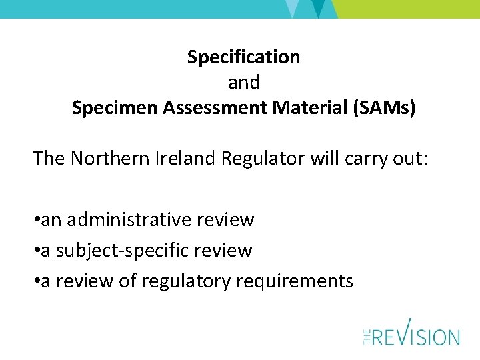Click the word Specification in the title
click(243, 57)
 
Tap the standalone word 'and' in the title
click(243, 83)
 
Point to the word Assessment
click(203, 108)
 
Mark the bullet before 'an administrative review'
click(37, 219)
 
